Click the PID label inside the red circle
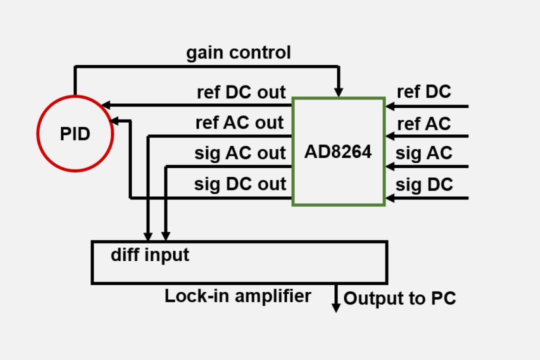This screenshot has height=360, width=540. click(x=75, y=134)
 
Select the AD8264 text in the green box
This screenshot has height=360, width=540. click(x=338, y=151)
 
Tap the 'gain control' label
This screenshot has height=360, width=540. click(x=238, y=52)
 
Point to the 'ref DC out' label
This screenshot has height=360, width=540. click(x=241, y=92)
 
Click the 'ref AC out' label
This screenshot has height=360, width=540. click(x=239, y=123)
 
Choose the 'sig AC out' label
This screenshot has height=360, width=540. click(x=240, y=153)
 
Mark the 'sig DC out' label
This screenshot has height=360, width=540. click(x=240, y=184)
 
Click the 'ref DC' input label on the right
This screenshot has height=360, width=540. click(x=424, y=92)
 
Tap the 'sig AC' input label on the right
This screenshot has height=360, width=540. click(x=424, y=153)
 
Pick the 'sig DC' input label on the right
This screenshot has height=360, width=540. click(x=424, y=184)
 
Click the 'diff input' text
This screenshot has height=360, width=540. click(x=150, y=255)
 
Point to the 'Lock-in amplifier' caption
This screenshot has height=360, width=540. click(x=237, y=296)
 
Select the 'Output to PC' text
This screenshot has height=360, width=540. click(x=399, y=299)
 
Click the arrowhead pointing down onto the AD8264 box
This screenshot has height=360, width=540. click(x=338, y=92)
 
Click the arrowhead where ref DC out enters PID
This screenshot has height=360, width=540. click(x=105, y=105)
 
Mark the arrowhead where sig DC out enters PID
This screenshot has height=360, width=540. click(x=114, y=120)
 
